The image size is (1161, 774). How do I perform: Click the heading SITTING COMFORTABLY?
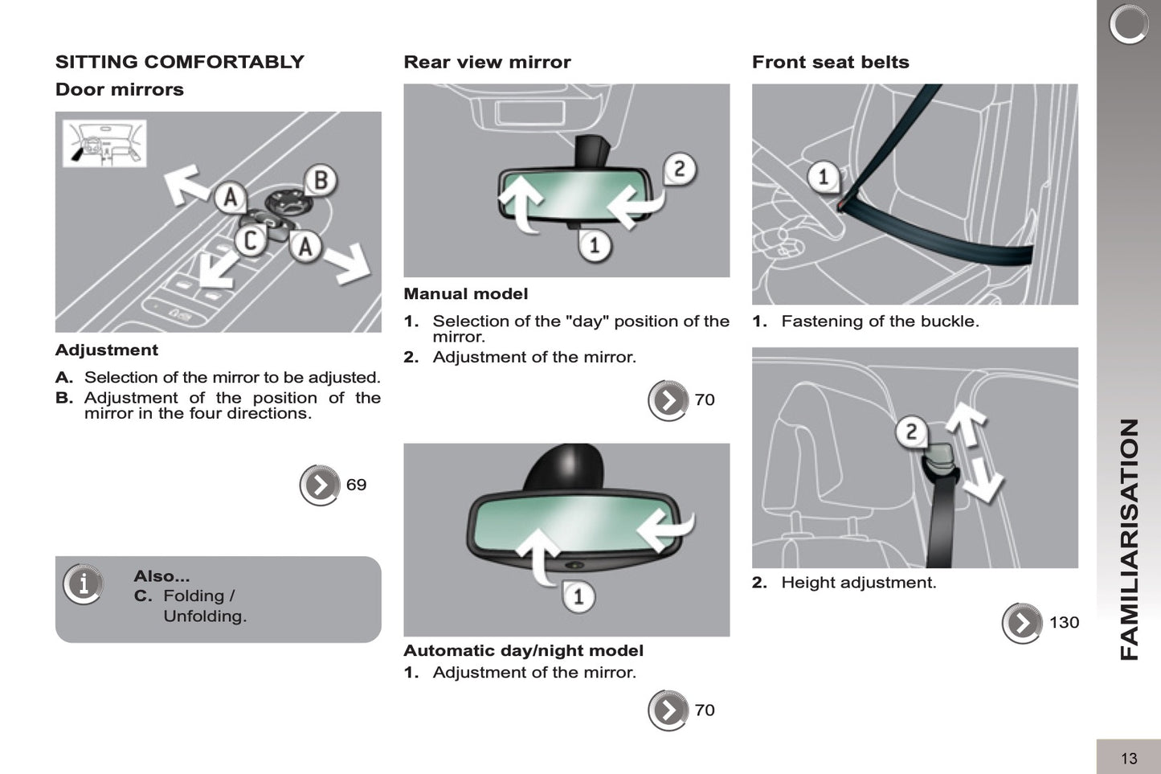pos(179,62)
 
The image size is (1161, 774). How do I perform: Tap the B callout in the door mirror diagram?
pos(320,181)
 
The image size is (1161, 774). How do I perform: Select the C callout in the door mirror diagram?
pos(251,240)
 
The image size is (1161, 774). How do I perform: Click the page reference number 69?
pos(356,485)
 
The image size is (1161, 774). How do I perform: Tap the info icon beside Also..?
pos(84,584)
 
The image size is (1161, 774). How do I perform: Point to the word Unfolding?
pos(205,616)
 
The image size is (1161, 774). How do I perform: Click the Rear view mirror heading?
pos(487,62)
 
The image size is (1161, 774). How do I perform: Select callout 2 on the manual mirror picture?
pos(679,169)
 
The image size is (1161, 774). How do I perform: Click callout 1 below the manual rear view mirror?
pos(595,244)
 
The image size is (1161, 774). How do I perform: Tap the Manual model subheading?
pos(465,294)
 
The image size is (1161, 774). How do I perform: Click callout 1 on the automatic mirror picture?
pos(578,596)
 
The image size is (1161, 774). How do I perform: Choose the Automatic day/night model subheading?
pos(523,651)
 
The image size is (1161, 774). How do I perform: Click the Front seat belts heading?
pos(830,62)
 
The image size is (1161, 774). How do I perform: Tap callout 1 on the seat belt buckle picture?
pos(823,176)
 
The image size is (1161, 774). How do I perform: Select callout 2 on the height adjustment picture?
pos(911,432)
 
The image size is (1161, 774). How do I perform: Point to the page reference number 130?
pos(1064,623)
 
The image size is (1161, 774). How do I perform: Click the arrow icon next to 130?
pos(1022,623)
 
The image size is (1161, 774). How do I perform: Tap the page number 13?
pos(1128,758)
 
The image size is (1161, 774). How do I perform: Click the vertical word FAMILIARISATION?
pos(1130,539)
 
